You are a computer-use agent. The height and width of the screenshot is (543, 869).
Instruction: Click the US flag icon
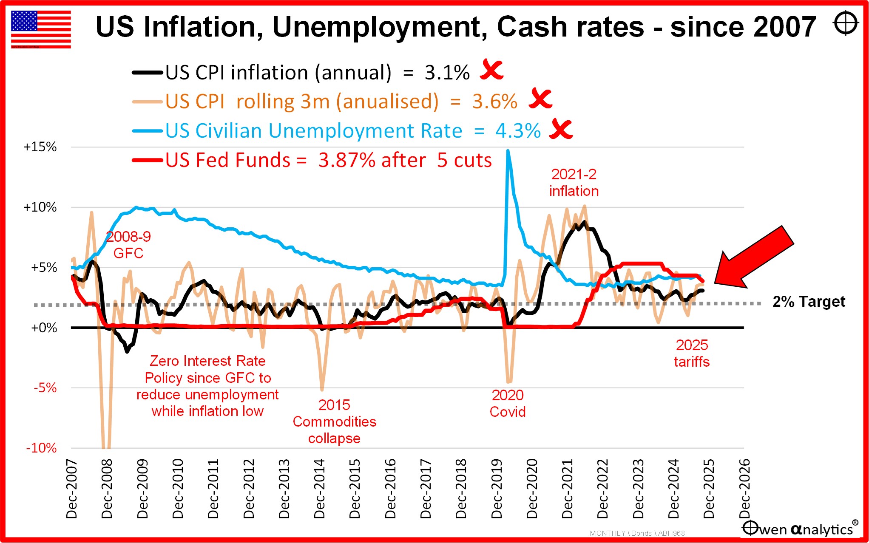click(41, 29)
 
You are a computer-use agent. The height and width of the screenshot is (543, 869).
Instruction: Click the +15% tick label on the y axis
click(40, 147)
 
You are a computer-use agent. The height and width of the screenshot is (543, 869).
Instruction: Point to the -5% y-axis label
click(45, 387)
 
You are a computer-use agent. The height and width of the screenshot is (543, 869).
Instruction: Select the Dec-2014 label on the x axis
click(319, 489)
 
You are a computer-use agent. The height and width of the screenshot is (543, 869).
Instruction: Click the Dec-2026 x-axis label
click(744, 489)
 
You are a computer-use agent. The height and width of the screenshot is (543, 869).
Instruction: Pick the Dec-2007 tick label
click(71, 489)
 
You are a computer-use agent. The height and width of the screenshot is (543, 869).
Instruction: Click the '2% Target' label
click(809, 301)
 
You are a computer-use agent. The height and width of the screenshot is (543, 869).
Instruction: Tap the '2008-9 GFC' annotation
click(128, 245)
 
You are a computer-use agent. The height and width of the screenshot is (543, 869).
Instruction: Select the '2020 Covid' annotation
click(508, 403)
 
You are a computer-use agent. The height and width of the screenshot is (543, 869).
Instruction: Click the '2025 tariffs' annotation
click(692, 353)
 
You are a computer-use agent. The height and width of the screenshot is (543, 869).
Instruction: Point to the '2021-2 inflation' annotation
click(574, 182)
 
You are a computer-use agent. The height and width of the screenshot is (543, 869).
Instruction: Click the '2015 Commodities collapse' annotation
click(335, 421)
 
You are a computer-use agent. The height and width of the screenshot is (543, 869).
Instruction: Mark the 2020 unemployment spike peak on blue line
click(508, 150)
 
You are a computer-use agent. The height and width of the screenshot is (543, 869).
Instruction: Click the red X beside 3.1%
click(492, 70)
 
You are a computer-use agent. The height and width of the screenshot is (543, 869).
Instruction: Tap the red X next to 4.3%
click(561, 129)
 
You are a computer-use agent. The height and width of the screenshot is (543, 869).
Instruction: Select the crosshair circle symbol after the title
click(846, 23)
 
